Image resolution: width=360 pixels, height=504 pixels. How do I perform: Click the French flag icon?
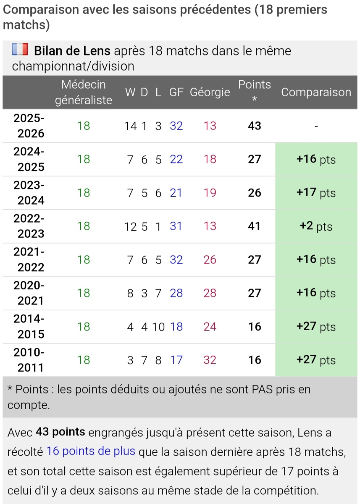click(20, 50)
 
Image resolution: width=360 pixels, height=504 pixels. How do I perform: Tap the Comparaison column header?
click(316, 92)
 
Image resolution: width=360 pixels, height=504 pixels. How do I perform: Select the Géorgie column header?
click(210, 92)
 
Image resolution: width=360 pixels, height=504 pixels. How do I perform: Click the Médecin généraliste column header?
click(84, 92)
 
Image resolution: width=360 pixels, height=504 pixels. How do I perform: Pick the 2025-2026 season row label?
click(29, 126)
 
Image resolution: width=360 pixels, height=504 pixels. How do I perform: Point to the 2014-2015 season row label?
click(29, 326)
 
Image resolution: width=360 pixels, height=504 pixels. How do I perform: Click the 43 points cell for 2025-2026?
click(255, 126)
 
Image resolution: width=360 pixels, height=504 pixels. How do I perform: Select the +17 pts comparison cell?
click(316, 193)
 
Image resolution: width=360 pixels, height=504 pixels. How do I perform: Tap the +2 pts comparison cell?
click(316, 226)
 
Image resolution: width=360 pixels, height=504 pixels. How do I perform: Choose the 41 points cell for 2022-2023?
click(255, 226)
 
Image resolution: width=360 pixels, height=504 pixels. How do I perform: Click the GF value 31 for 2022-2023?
click(176, 226)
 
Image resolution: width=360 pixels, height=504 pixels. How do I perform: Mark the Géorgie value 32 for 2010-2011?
click(210, 360)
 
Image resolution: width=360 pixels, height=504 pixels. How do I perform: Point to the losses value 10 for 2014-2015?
click(158, 326)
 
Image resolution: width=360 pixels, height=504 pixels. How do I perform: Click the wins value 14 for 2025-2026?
click(131, 126)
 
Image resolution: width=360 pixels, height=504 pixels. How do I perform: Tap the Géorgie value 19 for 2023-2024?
click(210, 193)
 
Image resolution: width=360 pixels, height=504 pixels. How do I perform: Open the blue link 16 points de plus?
click(91, 451)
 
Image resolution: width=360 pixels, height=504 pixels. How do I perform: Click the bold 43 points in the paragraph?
click(60, 432)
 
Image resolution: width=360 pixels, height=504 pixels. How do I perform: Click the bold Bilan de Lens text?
click(72, 51)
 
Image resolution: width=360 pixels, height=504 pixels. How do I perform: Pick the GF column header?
click(176, 92)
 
